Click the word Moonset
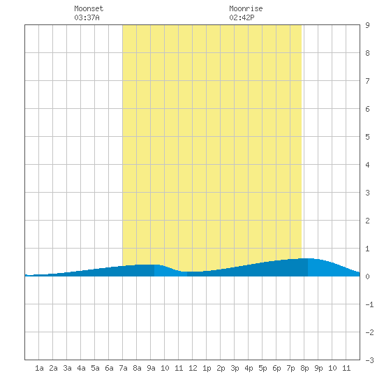point(89,8)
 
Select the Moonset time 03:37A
point(87,17)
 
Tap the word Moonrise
point(246,8)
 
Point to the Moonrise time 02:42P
point(242,17)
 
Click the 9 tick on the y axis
point(367,25)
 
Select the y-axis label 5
point(367,137)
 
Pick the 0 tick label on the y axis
point(367,276)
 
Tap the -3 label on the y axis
point(369,360)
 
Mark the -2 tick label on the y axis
point(369,332)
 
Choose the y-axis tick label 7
point(367,81)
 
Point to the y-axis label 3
point(367,193)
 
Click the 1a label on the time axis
point(39,368)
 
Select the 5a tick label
point(95,368)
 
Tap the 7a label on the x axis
point(123,368)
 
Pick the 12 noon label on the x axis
point(193,368)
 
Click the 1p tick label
point(207,368)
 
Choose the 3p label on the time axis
point(235,368)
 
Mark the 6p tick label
point(276,368)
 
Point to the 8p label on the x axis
point(304,368)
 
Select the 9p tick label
point(318,368)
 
